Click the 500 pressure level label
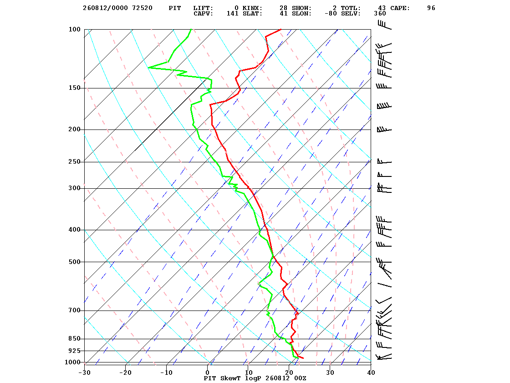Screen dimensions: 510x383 point(74,262)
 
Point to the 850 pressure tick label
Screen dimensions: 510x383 point(74,339)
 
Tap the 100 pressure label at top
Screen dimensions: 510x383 point(74,29)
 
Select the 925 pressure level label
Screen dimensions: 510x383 point(74,351)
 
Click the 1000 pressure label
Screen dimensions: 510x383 point(72,362)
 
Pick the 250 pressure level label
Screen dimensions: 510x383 point(74,161)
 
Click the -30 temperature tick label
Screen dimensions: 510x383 point(85,373)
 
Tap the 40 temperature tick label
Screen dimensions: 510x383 point(371,373)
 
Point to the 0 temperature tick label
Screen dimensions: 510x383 point(208,373)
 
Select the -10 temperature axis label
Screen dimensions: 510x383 point(166,373)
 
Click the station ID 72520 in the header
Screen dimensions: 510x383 point(142,8)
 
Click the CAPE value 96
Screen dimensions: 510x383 point(431,8)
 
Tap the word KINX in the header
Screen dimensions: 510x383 point(252,8)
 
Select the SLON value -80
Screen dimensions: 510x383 point(331,13)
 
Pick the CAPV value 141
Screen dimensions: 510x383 point(233,13)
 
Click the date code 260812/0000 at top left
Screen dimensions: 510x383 point(105,8)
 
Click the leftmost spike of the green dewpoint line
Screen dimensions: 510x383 point(148,67)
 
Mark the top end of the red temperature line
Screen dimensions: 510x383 point(281,29)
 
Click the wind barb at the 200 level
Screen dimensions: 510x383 point(384,129)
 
